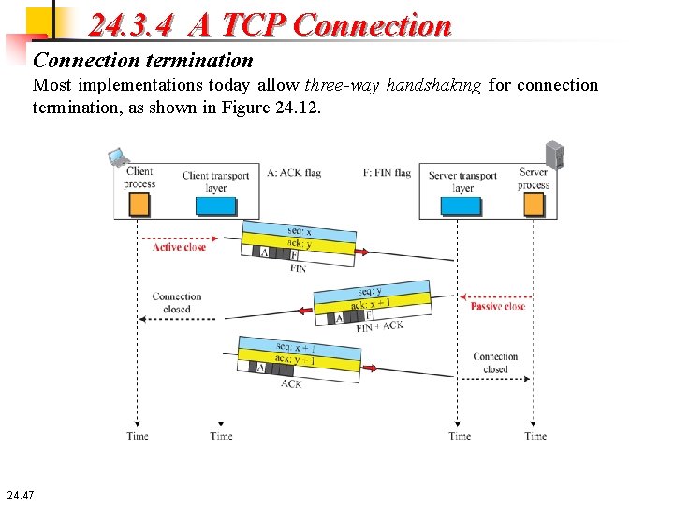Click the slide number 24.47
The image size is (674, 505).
[x=20, y=494]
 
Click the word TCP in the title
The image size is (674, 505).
[x=250, y=25]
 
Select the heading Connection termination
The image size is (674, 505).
[x=143, y=61]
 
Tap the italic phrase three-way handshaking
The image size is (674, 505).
[x=393, y=85]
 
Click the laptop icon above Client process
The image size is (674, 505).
[x=118, y=157]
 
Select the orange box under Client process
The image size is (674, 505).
[x=139, y=204]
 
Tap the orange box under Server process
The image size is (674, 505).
[x=533, y=205]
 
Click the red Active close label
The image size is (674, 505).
[x=179, y=248]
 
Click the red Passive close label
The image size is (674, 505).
[x=498, y=307]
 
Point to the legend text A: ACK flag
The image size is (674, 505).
[x=294, y=173]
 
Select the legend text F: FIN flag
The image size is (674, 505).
[x=387, y=173]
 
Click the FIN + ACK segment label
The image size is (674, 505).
[x=380, y=326]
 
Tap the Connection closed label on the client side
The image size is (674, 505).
[x=177, y=303]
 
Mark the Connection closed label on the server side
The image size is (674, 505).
[x=495, y=363]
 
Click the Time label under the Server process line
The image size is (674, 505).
[x=535, y=436]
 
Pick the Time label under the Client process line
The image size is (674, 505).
[x=138, y=436]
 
